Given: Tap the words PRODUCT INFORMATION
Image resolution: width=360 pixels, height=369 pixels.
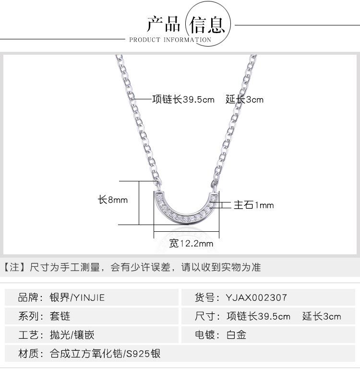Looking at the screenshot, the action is (x=170, y=40).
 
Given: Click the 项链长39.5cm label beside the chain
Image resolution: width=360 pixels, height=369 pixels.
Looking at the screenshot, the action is (x=183, y=100).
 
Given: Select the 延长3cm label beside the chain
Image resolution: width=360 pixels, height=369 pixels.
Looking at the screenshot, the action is (x=244, y=100).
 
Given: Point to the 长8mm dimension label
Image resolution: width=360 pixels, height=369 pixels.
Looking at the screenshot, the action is (x=113, y=200).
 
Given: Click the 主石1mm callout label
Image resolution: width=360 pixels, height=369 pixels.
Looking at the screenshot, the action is (x=253, y=205).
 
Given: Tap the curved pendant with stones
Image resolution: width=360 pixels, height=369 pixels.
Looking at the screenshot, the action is (x=186, y=211).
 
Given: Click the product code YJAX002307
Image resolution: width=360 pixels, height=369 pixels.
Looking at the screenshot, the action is (x=256, y=298).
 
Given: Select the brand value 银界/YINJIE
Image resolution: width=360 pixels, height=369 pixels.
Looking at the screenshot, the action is (x=77, y=298).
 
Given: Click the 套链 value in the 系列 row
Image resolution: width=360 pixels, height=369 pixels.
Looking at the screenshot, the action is (x=60, y=316).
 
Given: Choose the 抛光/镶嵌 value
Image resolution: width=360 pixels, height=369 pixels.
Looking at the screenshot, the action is (x=72, y=335).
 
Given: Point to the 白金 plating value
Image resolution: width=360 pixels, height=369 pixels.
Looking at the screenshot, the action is (x=236, y=335).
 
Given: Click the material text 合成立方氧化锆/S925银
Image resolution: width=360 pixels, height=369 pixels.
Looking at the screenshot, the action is (x=105, y=354).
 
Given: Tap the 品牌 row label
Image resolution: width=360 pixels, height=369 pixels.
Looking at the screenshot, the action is (x=29, y=298).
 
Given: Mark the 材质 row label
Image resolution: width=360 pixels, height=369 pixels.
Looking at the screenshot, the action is (x=29, y=354).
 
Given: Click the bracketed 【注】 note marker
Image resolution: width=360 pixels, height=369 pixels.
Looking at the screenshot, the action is (x=14, y=267).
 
